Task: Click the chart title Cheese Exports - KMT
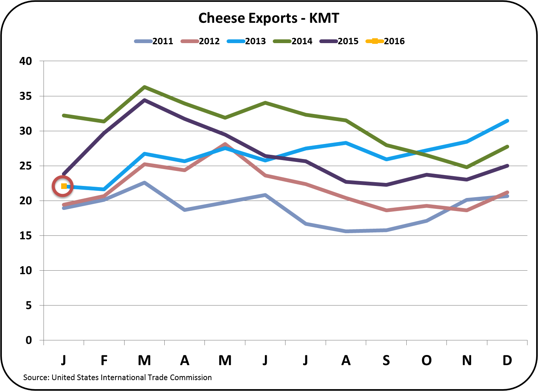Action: [269, 18]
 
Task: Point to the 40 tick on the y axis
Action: [26, 61]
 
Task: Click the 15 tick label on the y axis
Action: [26, 236]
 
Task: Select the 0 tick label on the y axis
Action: [29, 340]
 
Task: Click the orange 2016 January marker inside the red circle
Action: [64, 186]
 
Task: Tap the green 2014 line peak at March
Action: [144, 87]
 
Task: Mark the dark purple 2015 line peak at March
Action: [144, 100]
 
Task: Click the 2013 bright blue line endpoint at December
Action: [507, 121]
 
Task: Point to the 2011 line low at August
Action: [346, 231]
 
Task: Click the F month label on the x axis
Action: [104, 360]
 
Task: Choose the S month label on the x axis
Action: [386, 360]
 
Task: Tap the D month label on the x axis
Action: [507, 360]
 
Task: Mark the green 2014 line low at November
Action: [466, 167]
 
